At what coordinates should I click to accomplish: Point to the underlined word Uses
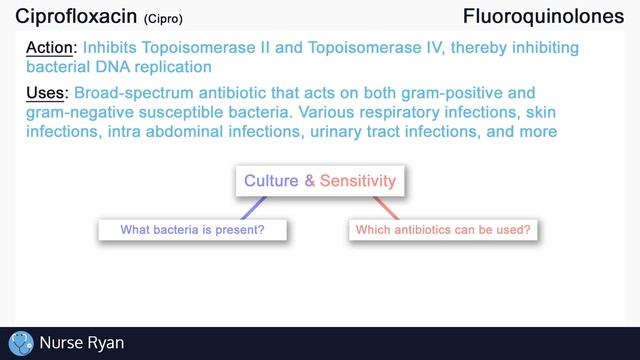click(x=45, y=92)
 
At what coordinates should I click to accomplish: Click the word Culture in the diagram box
click(x=271, y=181)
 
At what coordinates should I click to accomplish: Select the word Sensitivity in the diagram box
click(x=358, y=181)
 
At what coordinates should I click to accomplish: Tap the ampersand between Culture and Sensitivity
click(x=310, y=181)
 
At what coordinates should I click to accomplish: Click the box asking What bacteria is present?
click(x=193, y=230)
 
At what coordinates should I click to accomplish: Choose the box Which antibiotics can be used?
click(x=442, y=230)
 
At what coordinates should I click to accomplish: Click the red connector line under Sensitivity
click(x=385, y=207)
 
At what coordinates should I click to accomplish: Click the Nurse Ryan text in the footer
click(x=81, y=343)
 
